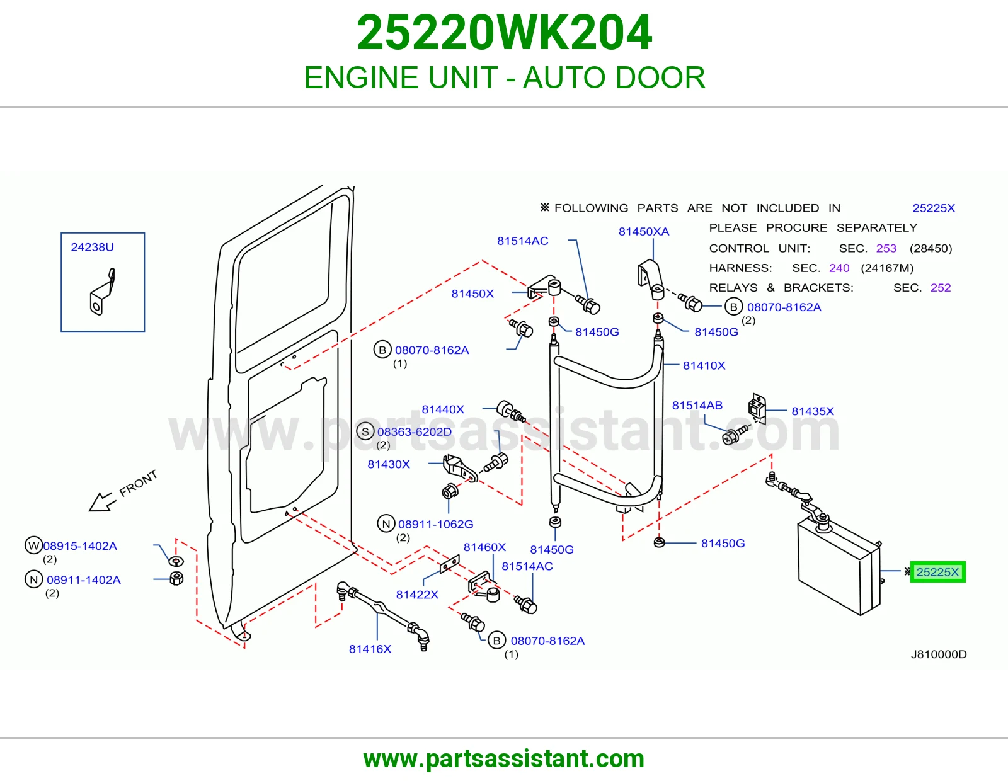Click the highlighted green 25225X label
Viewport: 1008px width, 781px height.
click(937, 572)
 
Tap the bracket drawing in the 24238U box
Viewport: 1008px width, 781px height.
click(102, 292)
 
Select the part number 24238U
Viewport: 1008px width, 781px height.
click(93, 247)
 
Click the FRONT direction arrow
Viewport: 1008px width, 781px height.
click(101, 501)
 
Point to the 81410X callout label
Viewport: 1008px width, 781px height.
click(704, 365)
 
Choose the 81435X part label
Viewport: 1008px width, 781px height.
click(812, 411)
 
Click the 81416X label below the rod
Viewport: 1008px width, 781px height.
click(370, 649)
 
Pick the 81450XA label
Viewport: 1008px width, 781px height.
click(644, 231)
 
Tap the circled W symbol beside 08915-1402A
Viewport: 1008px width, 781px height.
click(33, 545)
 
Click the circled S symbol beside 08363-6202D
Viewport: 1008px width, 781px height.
click(365, 431)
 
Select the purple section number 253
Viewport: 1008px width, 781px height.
click(886, 248)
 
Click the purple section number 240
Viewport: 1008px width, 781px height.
click(839, 268)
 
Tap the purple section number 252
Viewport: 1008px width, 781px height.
click(941, 288)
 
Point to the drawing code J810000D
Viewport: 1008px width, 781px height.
click(939, 654)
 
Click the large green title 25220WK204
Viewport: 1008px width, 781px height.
click(504, 33)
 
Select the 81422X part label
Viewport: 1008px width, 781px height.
click(417, 595)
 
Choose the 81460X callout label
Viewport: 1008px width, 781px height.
click(484, 547)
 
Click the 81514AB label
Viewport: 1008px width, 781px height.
click(697, 406)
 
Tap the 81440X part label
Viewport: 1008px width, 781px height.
click(442, 409)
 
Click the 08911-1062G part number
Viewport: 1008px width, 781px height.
click(435, 524)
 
